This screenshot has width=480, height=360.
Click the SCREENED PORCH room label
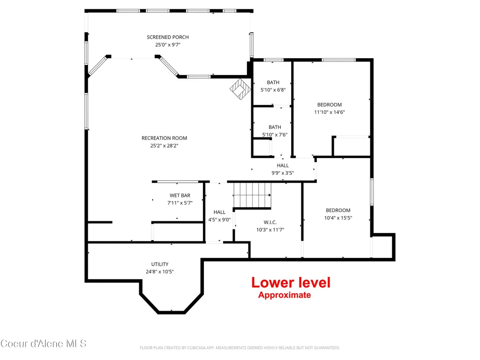[168, 37]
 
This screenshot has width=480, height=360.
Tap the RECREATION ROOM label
[164, 138]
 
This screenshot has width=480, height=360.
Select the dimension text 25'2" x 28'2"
[164, 146]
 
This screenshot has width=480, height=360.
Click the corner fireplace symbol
[240, 89]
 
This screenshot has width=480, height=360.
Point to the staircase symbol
[252, 195]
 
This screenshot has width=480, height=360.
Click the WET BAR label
[180, 195]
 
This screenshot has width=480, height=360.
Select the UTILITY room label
[160, 264]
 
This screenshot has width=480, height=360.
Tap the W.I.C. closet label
[270, 222]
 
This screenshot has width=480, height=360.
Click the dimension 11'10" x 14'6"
[330, 112]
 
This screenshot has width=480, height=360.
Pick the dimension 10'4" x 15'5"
[338, 218]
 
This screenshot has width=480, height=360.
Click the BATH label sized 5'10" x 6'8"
[273, 82]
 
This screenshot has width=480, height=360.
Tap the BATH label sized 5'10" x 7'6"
[275, 127]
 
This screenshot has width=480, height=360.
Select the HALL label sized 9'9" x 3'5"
[283, 165]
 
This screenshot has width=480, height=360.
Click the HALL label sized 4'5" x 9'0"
[219, 212]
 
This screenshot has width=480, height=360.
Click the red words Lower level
[291, 283]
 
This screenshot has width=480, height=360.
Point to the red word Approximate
[285, 295]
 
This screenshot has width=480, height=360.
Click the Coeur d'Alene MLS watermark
[43, 344]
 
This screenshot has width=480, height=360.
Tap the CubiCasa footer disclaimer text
[240, 348]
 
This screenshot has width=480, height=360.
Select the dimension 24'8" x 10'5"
[160, 271]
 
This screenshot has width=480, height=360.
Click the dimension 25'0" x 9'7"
[168, 45]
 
